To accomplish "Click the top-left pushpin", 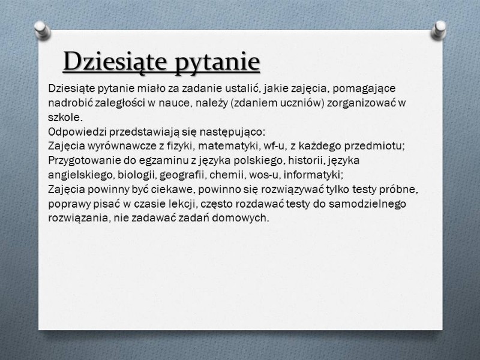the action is pos(42,30).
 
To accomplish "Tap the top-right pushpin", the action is pos(439,29).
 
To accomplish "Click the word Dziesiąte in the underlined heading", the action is pos(115,61).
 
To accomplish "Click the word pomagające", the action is pos(364,89).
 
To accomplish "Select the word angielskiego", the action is pos(81,175).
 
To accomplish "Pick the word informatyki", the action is pos(313,175).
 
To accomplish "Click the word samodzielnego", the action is pos(367,204).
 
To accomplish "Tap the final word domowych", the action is pos(241,218).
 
